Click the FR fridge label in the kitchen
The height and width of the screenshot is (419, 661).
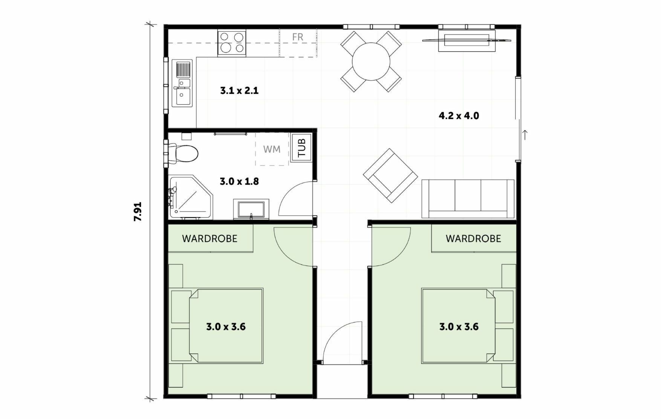(298, 37)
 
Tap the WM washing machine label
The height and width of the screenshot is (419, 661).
(272, 149)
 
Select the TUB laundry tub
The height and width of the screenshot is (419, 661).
(302, 148)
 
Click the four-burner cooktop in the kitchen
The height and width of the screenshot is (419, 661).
(231, 43)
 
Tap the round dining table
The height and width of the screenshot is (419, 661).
(371, 61)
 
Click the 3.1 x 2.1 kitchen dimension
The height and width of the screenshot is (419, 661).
(239, 90)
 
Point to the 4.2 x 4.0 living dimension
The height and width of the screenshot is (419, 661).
(459, 116)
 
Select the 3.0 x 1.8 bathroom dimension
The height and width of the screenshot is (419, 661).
(239, 181)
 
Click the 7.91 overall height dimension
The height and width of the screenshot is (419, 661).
(138, 211)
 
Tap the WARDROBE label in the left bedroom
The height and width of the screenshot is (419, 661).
(210, 239)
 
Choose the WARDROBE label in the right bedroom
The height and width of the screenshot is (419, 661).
(473, 239)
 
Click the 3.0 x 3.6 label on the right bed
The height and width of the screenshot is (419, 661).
(459, 326)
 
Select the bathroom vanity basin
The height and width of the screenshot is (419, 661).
(251, 209)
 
